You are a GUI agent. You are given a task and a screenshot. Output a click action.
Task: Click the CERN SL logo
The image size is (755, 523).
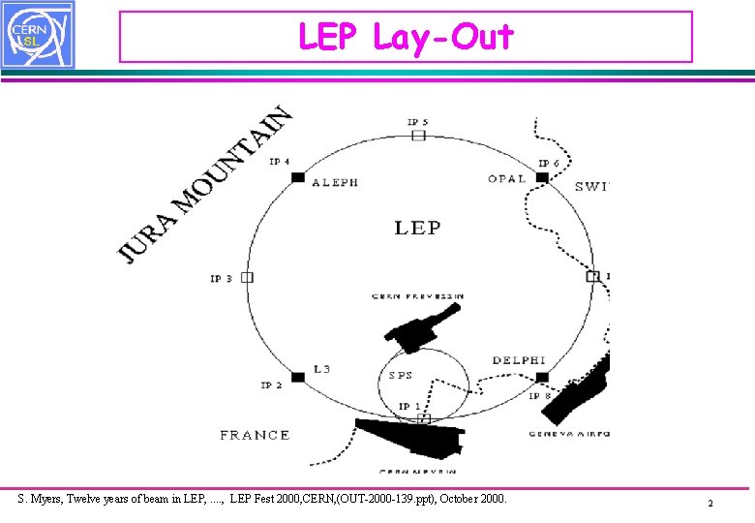[x=37, y=35]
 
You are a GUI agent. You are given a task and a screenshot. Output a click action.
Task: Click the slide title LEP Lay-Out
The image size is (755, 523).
[x=406, y=37]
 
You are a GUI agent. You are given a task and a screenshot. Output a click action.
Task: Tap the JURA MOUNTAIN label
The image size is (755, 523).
[x=204, y=184]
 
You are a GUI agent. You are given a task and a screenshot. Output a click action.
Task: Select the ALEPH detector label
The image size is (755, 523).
[x=335, y=182]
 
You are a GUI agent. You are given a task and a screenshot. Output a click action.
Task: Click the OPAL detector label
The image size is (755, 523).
[x=506, y=178]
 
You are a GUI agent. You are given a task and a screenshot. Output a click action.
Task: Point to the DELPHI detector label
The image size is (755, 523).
[x=519, y=360]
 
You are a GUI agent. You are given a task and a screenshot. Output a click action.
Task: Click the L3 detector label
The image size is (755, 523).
[x=322, y=369]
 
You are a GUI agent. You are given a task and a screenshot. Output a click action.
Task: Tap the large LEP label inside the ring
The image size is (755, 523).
[x=417, y=229]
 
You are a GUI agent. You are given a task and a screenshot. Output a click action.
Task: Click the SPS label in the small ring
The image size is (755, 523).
[x=401, y=375]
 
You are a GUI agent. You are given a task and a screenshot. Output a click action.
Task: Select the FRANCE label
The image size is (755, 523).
[x=255, y=435]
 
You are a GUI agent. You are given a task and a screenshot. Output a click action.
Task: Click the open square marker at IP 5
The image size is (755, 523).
[x=418, y=135]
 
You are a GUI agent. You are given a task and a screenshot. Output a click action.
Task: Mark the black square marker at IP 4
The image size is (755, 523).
[x=297, y=177]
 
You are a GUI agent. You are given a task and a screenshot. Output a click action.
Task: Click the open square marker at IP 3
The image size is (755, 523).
[x=247, y=277]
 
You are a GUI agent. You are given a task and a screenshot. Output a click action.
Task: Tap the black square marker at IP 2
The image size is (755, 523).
[x=297, y=376]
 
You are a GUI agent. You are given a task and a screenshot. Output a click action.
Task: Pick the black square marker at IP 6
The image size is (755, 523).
[x=542, y=177]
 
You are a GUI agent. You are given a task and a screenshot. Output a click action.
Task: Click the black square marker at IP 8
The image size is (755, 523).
[x=542, y=377]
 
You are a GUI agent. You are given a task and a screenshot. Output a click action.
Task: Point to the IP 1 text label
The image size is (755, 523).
[x=409, y=406]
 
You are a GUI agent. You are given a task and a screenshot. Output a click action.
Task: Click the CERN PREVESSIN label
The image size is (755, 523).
[x=418, y=295]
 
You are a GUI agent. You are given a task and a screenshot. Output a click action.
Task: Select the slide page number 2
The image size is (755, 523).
[x=710, y=504]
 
